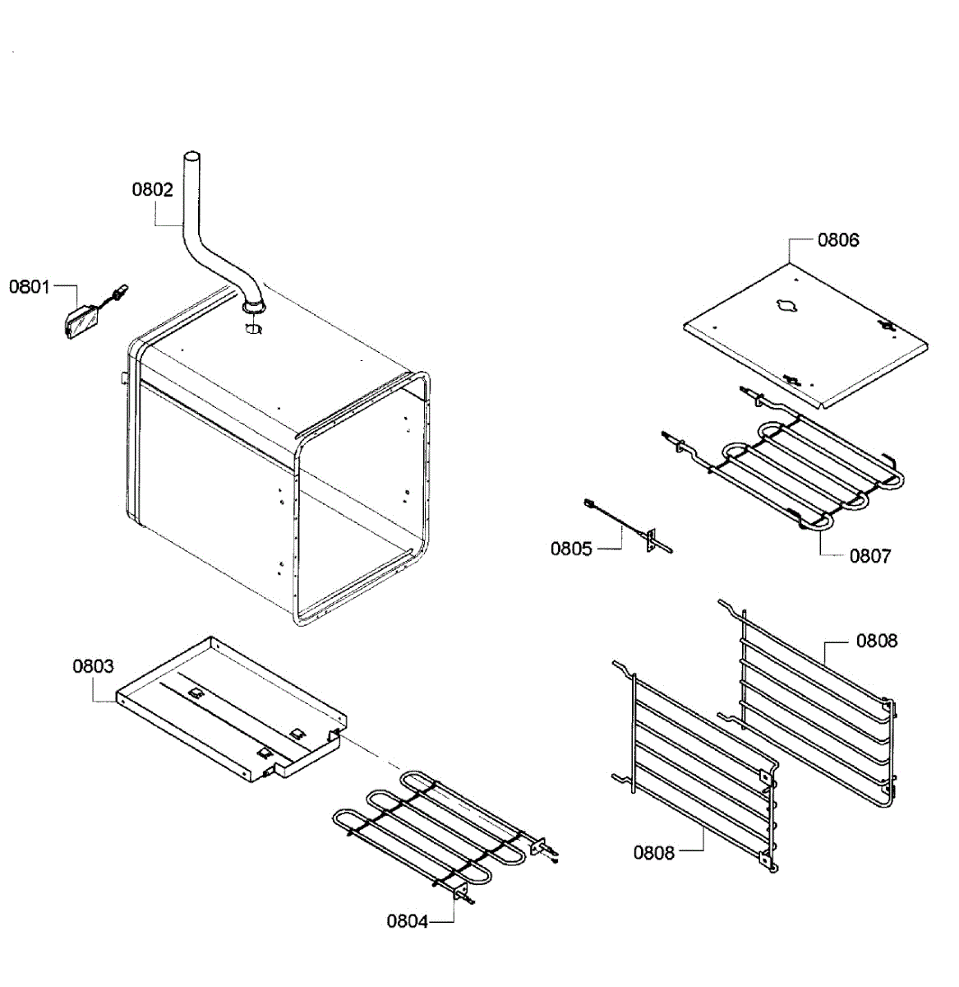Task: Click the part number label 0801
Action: (x=30, y=287)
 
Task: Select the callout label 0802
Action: (x=153, y=190)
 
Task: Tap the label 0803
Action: (x=93, y=666)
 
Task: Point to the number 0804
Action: (x=408, y=921)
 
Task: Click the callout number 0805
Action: (x=571, y=549)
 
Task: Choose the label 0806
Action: (x=838, y=240)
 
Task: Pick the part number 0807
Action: (x=870, y=556)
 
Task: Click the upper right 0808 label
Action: (x=877, y=641)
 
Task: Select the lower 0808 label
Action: (x=653, y=853)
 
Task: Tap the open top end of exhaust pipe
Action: (x=191, y=155)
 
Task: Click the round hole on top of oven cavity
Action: (x=254, y=330)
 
